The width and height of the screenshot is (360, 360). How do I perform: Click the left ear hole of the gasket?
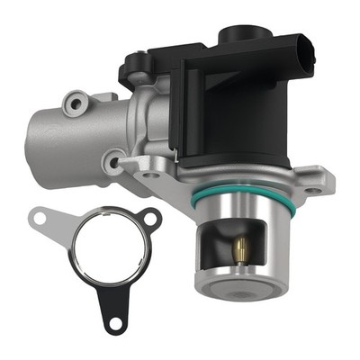pos(38,216)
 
